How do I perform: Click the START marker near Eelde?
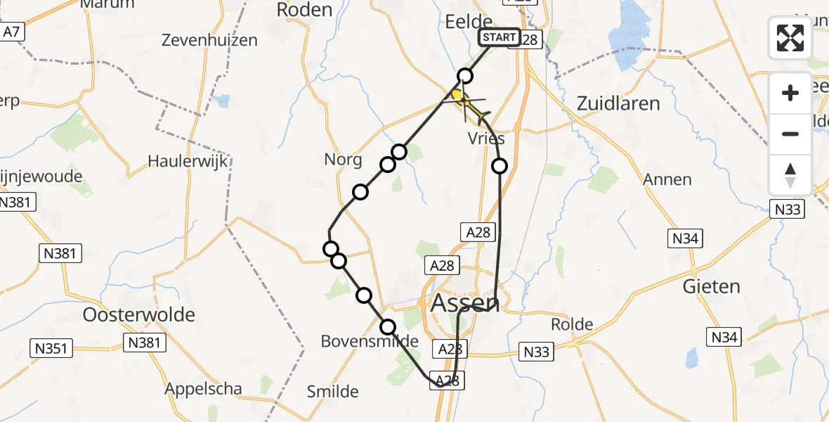click(x=500, y=37)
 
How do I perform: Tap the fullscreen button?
click(x=790, y=38)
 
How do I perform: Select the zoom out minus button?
click(x=790, y=134)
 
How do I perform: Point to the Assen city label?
click(x=464, y=303)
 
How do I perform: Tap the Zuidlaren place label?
click(x=618, y=103)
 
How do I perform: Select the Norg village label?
click(x=343, y=160)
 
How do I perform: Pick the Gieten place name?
click(x=711, y=286)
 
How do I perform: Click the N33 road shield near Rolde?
click(x=537, y=351)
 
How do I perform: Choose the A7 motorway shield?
click(x=11, y=32)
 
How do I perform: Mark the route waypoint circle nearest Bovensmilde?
click(x=388, y=326)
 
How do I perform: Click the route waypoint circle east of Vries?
click(x=499, y=166)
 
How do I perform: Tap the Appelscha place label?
click(x=203, y=389)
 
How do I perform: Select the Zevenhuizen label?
click(x=209, y=40)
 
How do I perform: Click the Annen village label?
click(x=667, y=179)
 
